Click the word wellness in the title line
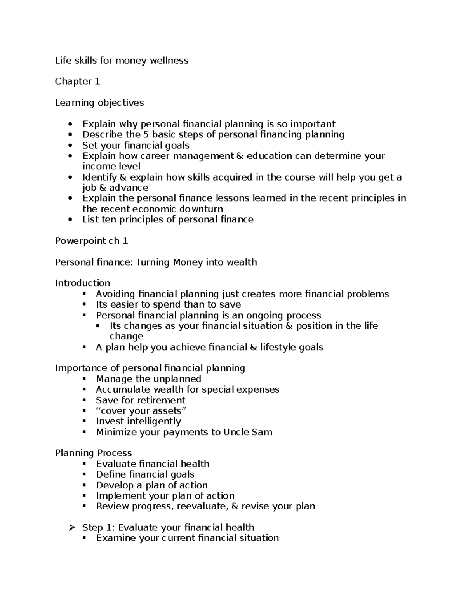point(171,60)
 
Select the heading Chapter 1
point(77,82)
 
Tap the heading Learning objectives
point(99,103)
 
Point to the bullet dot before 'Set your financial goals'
point(70,146)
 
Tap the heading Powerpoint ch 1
point(91,241)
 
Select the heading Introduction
point(82,283)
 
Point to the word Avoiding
point(115,294)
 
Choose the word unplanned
point(177,379)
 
